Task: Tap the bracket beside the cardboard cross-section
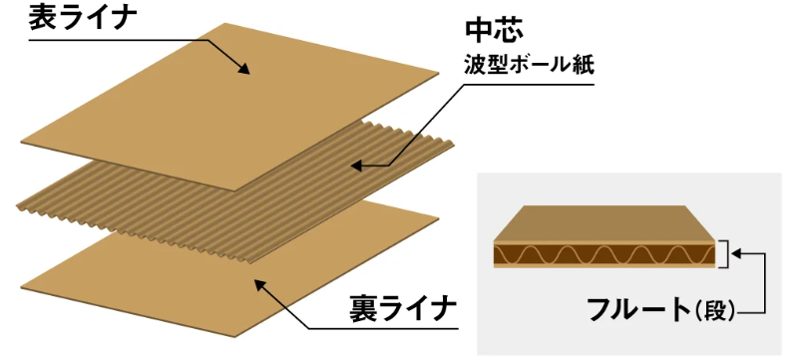[727, 253]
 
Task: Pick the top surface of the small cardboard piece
[608, 223]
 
